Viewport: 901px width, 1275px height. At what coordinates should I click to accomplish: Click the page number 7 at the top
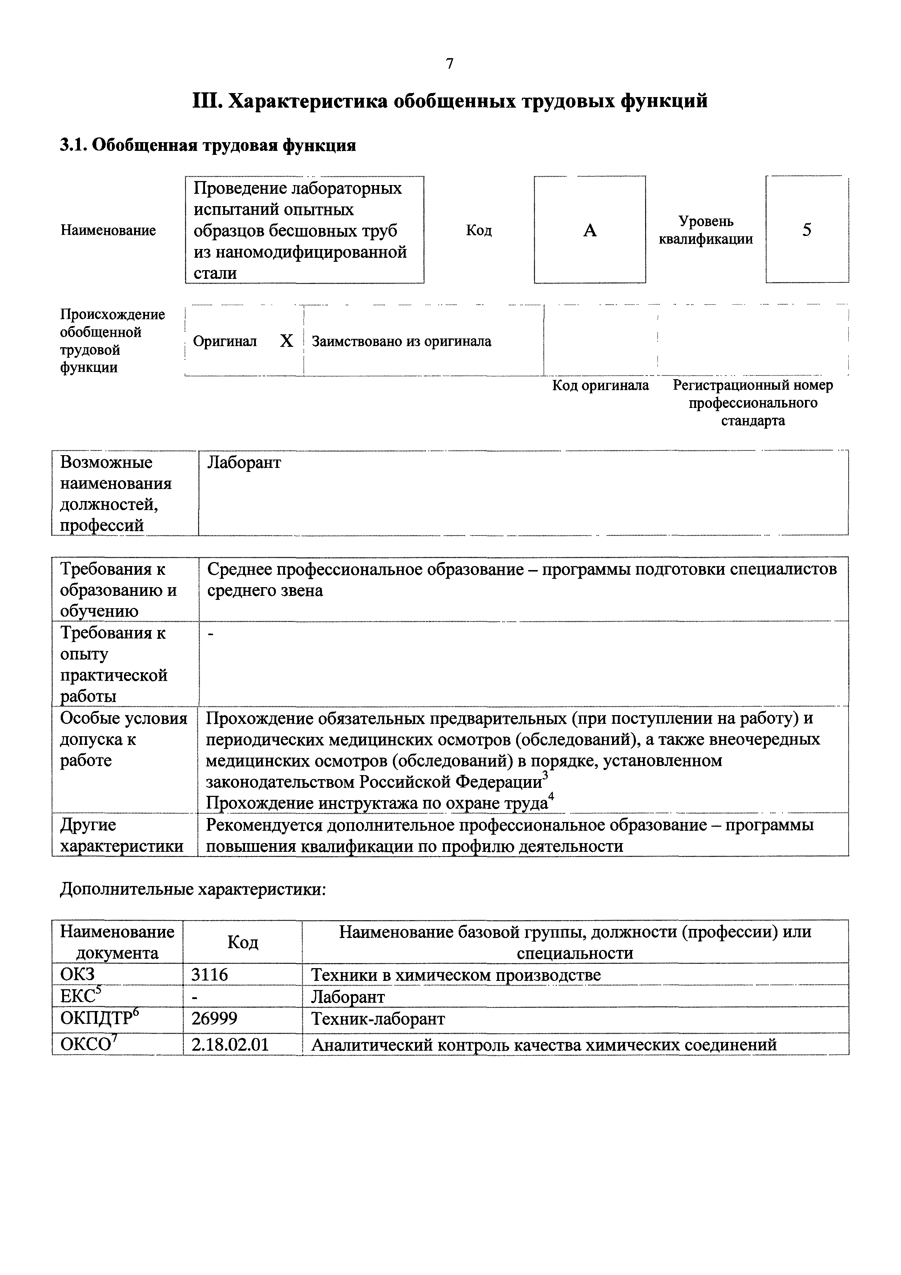click(x=450, y=64)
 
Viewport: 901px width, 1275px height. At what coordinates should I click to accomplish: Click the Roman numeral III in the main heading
click(x=206, y=102)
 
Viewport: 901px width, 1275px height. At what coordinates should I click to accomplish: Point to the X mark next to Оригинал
click(x=286, y=341)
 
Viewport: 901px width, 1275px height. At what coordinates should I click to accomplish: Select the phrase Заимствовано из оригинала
click(x=401, y=341)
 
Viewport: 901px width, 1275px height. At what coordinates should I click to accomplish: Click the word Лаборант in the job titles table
click(x=244, y=462)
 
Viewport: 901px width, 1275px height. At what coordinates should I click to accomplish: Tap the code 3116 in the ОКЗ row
click(x=209, y=975)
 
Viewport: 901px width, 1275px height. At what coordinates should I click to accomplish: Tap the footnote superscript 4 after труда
click(x=551, y=798)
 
